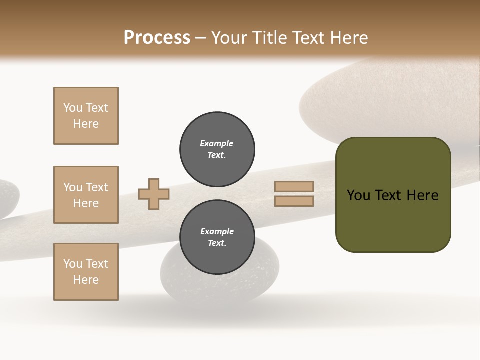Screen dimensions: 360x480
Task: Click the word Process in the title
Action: tap(157, 38)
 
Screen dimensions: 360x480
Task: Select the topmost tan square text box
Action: tap(86, 116)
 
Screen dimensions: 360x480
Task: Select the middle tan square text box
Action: tap(86, 195)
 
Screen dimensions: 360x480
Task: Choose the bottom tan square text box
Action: tap(86, 272)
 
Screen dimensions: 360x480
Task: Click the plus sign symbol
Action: tap(154, 194)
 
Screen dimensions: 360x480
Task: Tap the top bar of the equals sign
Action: tap(294, 187)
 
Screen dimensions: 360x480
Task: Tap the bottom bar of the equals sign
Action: tap(294, 201)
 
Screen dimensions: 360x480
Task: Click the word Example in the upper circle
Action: tap(216, 143)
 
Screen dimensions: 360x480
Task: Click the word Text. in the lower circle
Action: tap(217, 243)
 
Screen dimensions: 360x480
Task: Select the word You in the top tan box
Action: tap(73, 108)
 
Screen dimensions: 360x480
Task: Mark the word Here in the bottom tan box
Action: tap(86, 280)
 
